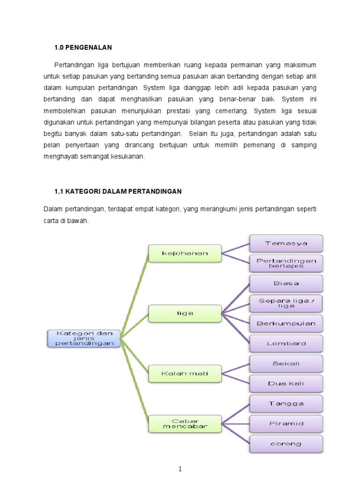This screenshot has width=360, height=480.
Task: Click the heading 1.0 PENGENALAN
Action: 83,47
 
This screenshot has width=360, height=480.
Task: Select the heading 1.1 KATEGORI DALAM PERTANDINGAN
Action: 118,191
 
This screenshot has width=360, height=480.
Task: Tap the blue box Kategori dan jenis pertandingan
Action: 84,338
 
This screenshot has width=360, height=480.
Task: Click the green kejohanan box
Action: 185,253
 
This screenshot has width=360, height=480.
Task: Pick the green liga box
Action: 185,313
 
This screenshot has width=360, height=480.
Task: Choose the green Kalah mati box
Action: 185,374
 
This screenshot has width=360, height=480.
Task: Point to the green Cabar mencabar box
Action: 185,423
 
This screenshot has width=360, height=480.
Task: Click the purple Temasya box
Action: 286,243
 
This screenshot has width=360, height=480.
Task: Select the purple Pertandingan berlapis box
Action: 286,263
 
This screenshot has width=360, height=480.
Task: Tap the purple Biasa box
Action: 286,283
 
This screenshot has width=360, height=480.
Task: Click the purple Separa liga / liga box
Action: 286,303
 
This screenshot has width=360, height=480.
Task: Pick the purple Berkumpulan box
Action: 286,323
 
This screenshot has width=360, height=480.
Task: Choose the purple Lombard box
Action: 286,343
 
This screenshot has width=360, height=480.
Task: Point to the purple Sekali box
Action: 286,363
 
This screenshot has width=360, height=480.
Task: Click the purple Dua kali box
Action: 286,383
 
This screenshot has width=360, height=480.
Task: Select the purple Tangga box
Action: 286,403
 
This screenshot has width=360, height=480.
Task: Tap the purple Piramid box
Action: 286,423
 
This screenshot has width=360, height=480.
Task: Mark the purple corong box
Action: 286,443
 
